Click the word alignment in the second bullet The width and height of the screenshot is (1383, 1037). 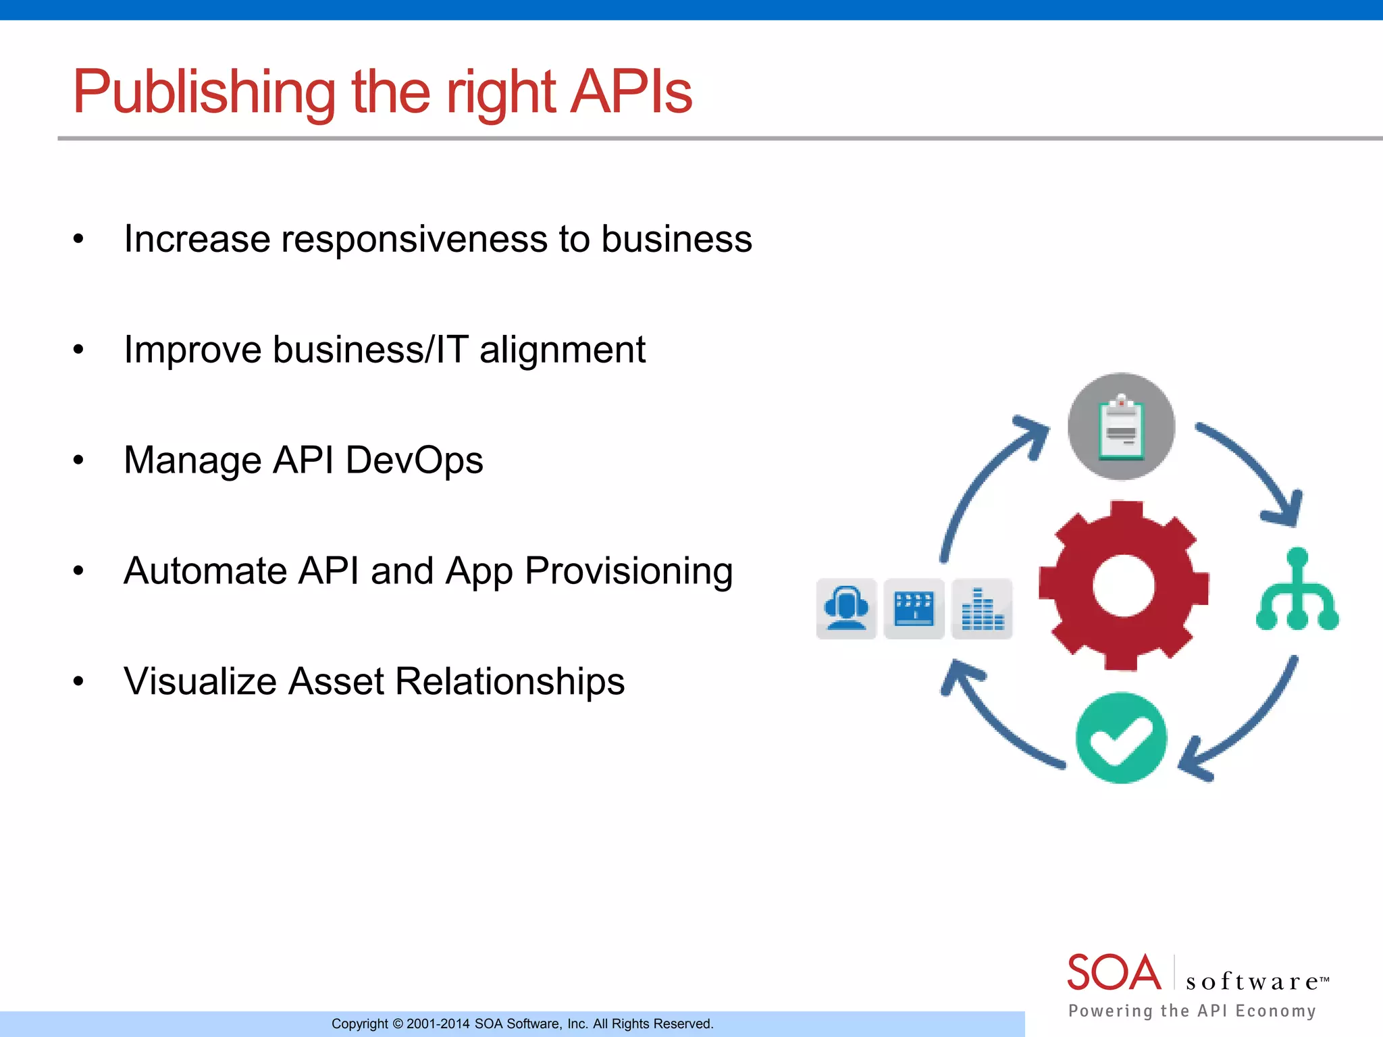[x=562, y=350]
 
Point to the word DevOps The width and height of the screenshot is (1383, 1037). [x=414, y=460]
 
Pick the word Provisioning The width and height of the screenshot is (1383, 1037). [x=628, y=571]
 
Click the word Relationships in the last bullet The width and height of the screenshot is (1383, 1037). [x=509, y=681]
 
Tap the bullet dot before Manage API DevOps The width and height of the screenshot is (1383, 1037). [x=78, y=460]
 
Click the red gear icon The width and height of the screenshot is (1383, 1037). [x=1123, y=585]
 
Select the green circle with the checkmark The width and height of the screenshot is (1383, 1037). [x=1121, y=737]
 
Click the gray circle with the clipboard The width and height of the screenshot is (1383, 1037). [x=1121, y=427]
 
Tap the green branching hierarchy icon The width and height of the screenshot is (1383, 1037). [x=1297, y=591]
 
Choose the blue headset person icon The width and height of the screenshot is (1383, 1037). [x=846, y=608]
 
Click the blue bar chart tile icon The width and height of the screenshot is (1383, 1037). [x=982, y=608]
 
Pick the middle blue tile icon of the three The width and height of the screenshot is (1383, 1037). [x=914, y=608]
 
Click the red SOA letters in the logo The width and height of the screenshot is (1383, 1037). [x=1114, y=973]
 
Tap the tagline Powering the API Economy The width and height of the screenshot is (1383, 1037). [x=1192, y=1011]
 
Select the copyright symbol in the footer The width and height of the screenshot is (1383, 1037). [x=398, y=1024]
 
